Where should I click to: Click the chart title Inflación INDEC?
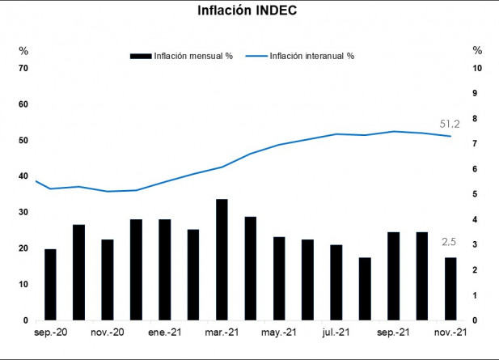click(249, 11)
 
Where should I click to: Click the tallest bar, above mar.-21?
click(222, 259)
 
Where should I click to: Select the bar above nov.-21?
click(450, 289)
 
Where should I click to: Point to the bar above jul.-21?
click(336, 282)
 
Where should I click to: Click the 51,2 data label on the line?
click(450, 124)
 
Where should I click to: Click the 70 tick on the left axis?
click(23, 68)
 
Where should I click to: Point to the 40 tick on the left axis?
click(23, 176)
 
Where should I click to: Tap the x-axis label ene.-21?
click(163, 332)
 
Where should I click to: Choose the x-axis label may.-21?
click(279, 332)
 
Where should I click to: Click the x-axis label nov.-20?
click(108, 332)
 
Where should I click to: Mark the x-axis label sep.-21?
click(393, 332)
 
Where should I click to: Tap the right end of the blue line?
click(450, 136)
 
